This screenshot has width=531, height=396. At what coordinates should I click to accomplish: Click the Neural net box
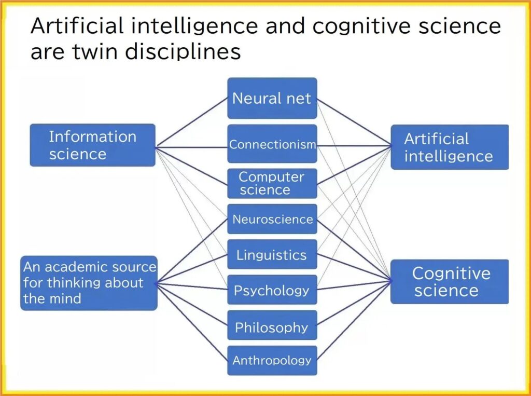(272, 98)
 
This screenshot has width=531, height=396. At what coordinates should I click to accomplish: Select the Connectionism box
(272, 144)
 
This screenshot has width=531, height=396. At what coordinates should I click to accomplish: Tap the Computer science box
(272, 183)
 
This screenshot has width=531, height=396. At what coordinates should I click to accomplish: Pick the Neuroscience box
(272, 219)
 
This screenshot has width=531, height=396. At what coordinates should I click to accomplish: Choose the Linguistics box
(272, 254)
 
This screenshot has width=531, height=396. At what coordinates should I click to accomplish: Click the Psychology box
(272, 290)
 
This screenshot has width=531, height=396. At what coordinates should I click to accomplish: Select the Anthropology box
(272, 360)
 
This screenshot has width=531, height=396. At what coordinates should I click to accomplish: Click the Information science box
(92, 145)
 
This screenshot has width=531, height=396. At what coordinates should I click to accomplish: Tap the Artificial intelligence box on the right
(450, 147)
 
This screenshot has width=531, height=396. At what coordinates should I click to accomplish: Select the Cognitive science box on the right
(450, 282)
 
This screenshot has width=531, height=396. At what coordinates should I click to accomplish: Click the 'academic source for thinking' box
(89, 283)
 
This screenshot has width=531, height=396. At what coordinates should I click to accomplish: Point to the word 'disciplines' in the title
(183, 52)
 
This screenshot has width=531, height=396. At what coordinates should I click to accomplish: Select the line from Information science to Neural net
(192, 122)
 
